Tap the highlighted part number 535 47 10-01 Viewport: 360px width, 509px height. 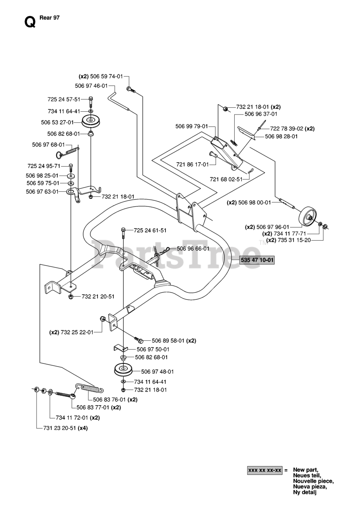pos(257,260)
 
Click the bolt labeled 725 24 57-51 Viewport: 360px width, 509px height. pos(91,102)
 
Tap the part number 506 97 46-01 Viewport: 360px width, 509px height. pos(91,86)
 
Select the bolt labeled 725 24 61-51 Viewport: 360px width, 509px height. pos(123,233)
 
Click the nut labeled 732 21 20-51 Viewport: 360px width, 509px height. pos(71,297)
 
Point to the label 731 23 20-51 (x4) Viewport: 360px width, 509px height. pos(66,428)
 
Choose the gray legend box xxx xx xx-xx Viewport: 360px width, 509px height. pos(265,470)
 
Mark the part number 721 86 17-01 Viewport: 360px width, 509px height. pos(192,164)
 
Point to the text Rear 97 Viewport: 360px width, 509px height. pos(50,18)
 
